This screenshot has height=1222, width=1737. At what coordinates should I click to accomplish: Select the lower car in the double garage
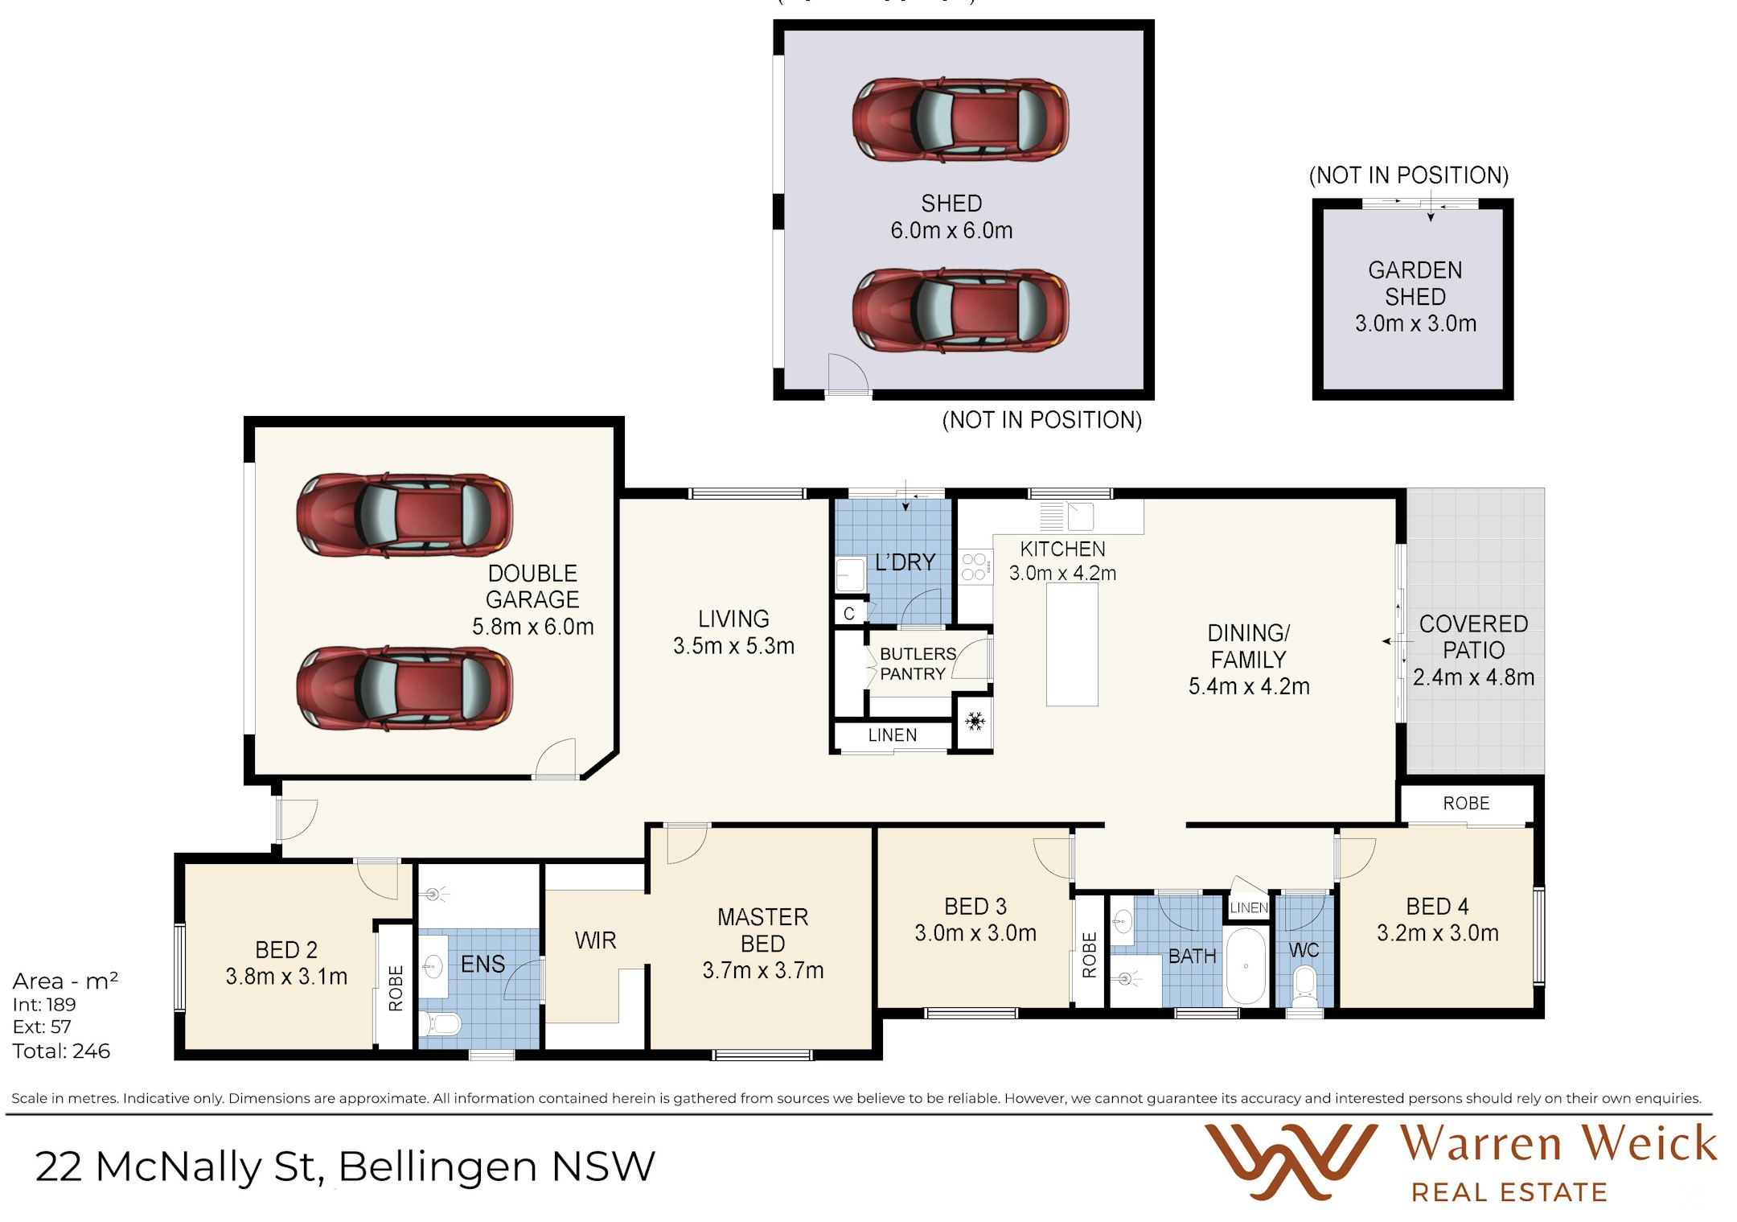tap(404, 689)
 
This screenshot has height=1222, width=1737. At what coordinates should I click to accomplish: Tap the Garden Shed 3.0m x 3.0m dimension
tap(1415, 323)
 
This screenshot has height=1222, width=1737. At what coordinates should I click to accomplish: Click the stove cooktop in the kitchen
tap(975, 566)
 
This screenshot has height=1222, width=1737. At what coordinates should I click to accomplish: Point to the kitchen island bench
tap(1072, 644)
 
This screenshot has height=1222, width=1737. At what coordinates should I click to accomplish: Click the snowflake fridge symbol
tap(975, 721)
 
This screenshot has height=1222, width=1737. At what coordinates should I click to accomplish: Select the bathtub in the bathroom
tap(1246, 966)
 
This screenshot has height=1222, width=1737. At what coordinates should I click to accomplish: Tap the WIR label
tap(595, 940)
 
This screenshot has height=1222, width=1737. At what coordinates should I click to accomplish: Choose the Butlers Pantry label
tap(918, 664)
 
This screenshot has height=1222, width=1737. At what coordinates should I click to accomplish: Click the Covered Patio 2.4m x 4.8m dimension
tap(1473, 677)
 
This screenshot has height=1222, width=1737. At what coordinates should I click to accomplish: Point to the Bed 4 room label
tap(1437, 907)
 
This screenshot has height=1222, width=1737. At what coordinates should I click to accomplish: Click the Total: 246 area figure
tap(61, 1051)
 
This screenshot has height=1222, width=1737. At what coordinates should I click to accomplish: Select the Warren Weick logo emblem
tap(1291, 1162)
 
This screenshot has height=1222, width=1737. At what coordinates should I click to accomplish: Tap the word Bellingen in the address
tap(437, 1167)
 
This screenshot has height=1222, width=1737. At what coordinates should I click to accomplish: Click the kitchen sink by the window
tap(1080, 516)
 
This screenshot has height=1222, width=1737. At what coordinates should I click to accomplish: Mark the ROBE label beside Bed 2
tap(396, 989)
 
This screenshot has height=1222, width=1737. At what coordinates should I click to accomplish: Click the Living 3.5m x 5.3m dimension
tap(733, 646)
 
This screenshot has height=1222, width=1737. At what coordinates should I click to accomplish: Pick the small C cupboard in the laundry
tap(849, 614)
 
